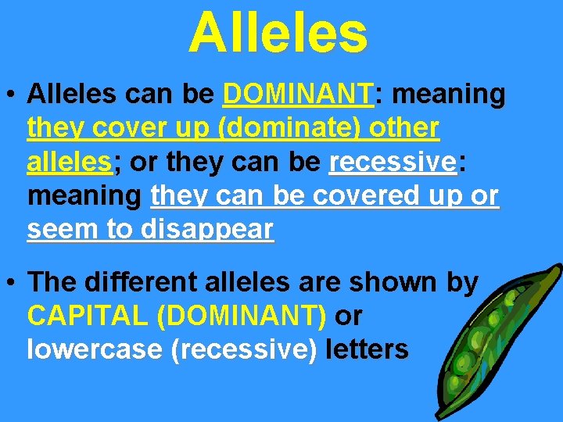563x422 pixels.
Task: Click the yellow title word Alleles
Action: pyautogui.click(x=278, y=33)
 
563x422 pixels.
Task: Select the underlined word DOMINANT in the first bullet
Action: pyautogui.click(x=298, y=95)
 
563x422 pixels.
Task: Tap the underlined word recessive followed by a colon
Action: pyautogui.click(x=393, y=163)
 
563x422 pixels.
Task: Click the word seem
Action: pyautogui.click(x=56, y=230)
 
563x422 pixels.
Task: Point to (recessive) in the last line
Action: pyautogui.click(x=243, y=349)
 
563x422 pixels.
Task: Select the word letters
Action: pyautogui.click(x=367, y=349)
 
